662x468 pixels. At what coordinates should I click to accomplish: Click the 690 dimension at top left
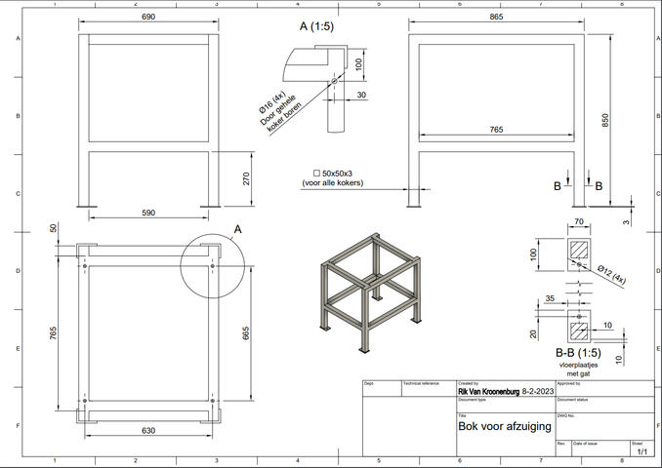(x=147, y=18)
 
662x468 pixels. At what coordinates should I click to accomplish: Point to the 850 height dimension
(x=605, y=120)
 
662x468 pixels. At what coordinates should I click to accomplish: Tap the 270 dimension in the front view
(x=247, y=178)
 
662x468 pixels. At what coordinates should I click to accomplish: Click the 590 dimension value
(x=147, y=212)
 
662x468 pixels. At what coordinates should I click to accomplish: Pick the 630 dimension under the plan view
(x=147, y=430)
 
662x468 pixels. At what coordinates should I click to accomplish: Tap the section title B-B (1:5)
(x=576, y=352)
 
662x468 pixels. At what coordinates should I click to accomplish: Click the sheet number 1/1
(x=641, y=452)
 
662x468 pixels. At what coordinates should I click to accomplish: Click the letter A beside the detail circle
(x=236, y=229)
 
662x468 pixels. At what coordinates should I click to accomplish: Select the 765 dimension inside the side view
(x=497, y=129)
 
